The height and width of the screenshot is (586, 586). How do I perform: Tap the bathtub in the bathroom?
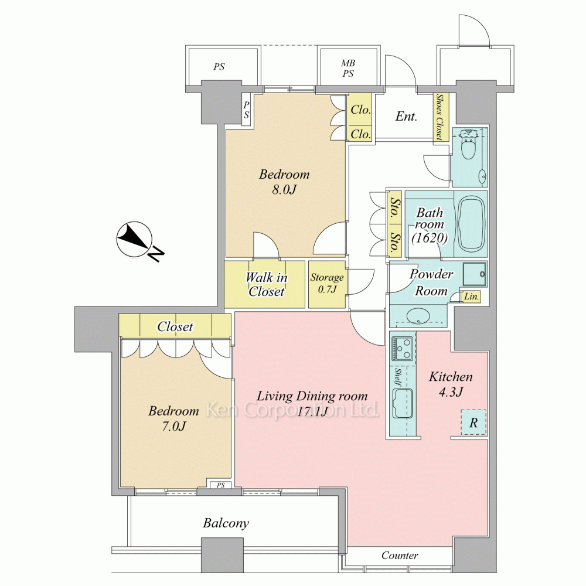(x=471, y=225)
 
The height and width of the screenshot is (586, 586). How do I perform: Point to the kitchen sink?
(x=402, y=404)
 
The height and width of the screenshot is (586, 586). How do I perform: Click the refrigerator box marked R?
(x=473, y=423)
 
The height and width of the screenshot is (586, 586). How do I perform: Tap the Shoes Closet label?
(x=440, y=117)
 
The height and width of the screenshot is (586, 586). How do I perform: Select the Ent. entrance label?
(x=406, y=116)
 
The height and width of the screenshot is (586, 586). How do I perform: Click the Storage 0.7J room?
(x=326, y=284)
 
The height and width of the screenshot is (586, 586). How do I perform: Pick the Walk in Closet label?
(x=267, y=284)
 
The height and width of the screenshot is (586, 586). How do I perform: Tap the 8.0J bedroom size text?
(x=284, y=190)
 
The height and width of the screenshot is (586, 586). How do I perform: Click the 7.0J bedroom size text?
(x=173, y=426)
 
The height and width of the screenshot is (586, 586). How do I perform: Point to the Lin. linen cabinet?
(x=471, y=297)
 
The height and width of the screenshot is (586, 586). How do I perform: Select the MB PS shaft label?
(x=348, y=69)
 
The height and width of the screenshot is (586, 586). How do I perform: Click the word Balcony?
(x=226, y=523)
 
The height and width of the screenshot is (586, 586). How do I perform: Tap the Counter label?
(x=400, y=556)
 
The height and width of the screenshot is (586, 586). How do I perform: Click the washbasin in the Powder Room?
(x=418, y=316)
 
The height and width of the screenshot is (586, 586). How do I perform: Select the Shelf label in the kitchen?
(x=398, y=377)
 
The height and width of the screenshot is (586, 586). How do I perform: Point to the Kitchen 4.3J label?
(x=451, y=384)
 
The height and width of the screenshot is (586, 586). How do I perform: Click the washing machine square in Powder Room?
(x=475, y=274)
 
